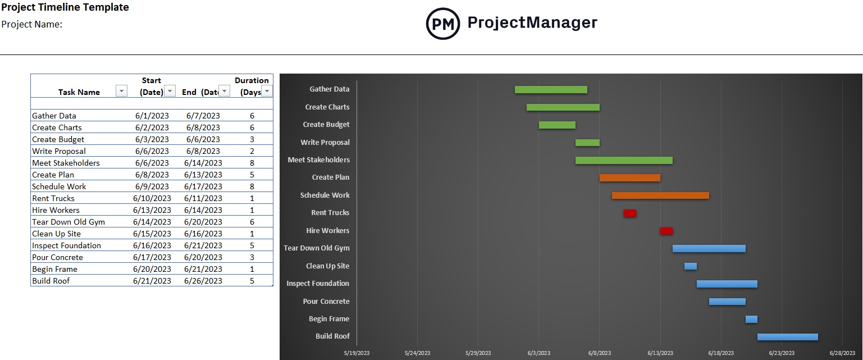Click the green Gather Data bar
[551, 89]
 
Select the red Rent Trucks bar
[629, 213]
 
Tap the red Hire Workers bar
[666, 231]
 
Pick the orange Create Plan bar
[629, 177]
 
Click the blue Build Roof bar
[787, 337]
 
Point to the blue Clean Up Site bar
[690, 266]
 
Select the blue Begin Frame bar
[751, 319]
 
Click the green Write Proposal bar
[587, 143]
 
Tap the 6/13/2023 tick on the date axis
[660, 353]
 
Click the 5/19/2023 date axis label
[357, 353]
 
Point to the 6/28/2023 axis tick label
[842, 353]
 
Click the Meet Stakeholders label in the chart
[318, 160]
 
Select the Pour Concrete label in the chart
[326, 302]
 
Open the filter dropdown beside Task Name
[121, 92]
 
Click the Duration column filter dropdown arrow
[267, 92]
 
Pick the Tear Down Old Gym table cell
[69, 222]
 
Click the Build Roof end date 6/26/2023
[203, 281]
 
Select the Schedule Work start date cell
[152, 186]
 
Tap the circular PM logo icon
[442, 24]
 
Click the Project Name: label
[32, 25]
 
